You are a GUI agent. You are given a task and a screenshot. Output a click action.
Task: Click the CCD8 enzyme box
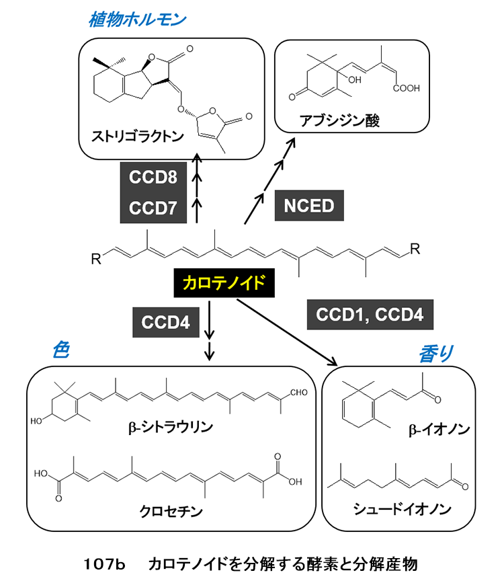click(x=154, y=178)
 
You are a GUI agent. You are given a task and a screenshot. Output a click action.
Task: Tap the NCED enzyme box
click(x=310, y=205)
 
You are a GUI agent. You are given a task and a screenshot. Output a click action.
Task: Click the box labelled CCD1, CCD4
click(x=370, y=315)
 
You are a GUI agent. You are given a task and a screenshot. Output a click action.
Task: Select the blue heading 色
click(x=60, y=352)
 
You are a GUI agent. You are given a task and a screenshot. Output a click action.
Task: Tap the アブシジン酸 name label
click(x=345, y=121)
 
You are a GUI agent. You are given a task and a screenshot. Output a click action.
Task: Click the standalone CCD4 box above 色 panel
click(x=165, y=321)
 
